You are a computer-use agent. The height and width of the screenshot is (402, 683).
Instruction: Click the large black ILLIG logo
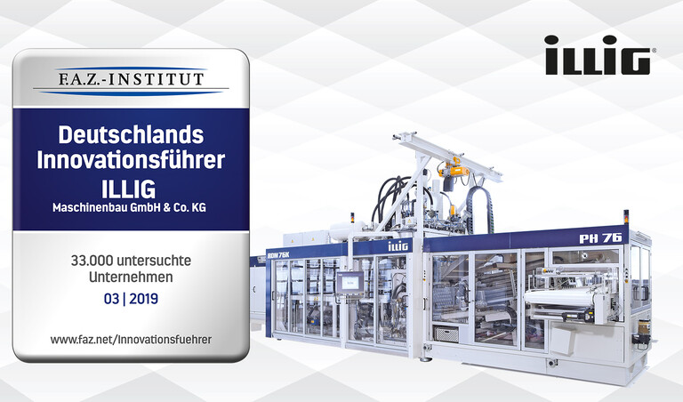point(598,55)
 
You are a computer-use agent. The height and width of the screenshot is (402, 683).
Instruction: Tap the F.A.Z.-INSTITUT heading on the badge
point(131,79)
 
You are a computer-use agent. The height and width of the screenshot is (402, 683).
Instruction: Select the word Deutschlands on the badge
point(131,134)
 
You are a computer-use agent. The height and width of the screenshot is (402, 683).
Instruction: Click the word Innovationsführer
point(131,160)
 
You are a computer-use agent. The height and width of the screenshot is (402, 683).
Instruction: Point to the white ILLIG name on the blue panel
point(128,189)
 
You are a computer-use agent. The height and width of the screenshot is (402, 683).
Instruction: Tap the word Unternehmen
point(131,277)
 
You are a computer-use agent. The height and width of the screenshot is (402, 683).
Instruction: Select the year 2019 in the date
point(144,299)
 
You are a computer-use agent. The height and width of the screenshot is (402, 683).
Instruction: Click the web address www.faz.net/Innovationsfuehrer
point(131,340)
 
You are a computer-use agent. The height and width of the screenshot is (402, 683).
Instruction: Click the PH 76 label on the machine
point(600,238)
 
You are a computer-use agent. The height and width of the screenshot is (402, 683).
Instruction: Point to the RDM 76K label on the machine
point(278,254)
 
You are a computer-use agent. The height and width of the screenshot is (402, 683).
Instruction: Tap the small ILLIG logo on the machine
point(398,246)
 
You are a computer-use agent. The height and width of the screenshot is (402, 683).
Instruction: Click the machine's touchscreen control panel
point(350,283)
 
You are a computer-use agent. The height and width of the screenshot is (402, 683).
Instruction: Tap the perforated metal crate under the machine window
point(447,334)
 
